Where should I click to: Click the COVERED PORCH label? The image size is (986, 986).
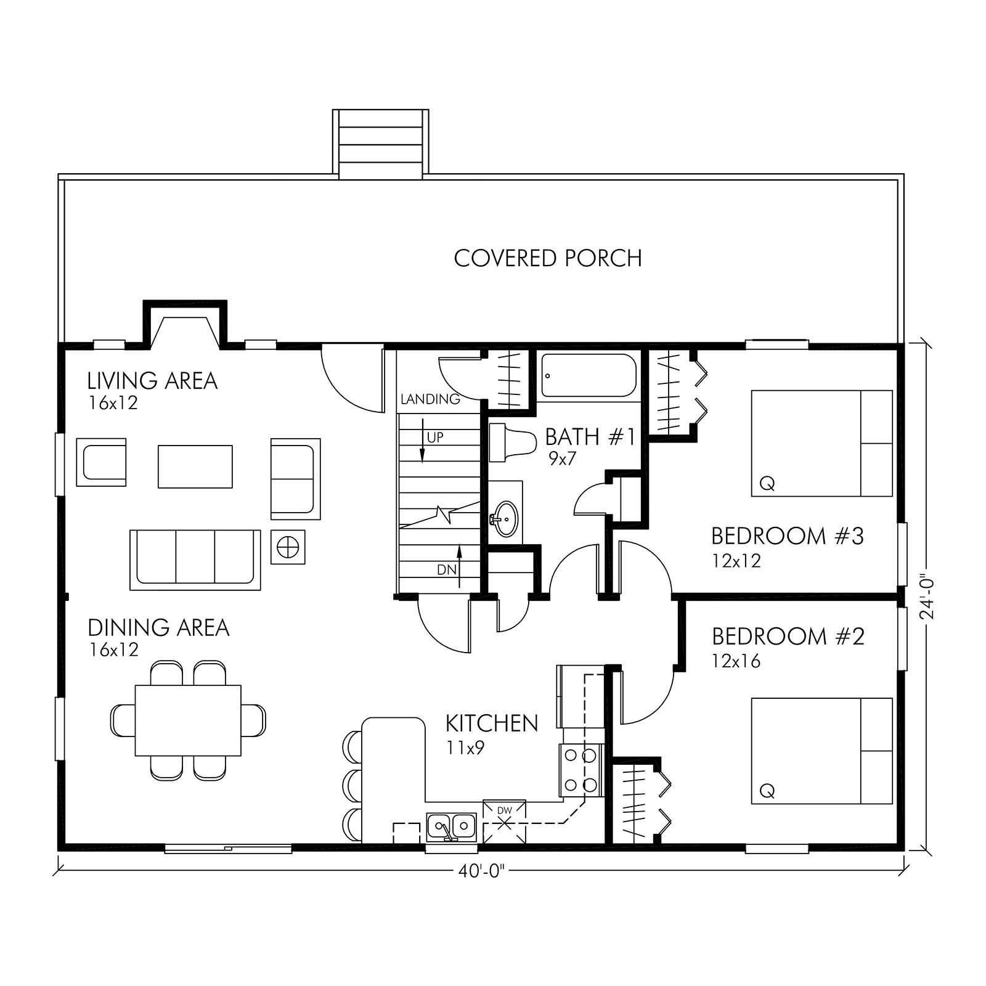pyautogui.click(x=547, y=258)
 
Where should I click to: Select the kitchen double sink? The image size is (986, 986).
pyautogui.click(x=451, y=827)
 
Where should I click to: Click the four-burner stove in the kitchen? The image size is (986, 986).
pyautogui.click(x=580, y=770)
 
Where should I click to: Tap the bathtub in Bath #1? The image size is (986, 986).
pyautogui.click(x=589, y=375)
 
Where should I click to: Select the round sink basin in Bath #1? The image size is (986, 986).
pyautogui.click(x=507, y=518)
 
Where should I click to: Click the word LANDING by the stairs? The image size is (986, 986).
pyautogui.click(x=430, y=399)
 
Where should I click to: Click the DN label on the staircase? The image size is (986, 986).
pyautogui.click(x=447, y=570)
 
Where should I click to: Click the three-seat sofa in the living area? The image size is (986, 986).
pyautogui.click(x=195, y=559)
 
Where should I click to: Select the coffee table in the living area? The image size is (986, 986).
pyautogui.click(x=195, y=467)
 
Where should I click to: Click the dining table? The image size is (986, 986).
pyautogui.click(x=188, y=720)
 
